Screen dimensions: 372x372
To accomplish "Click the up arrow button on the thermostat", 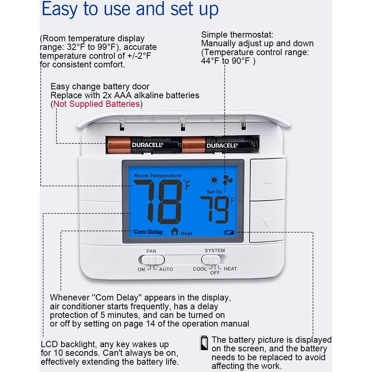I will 268,179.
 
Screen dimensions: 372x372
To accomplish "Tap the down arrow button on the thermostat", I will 268,222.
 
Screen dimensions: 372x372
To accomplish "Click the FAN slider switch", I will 151,260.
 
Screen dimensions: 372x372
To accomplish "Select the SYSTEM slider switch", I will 214,259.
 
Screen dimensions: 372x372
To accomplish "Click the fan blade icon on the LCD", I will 228,180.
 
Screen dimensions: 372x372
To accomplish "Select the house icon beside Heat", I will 175,231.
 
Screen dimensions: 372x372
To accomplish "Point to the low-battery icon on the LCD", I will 229,233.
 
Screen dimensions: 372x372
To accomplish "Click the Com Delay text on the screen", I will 148,232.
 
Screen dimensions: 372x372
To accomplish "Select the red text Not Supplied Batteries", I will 97,104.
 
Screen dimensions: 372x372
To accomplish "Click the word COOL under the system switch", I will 200,269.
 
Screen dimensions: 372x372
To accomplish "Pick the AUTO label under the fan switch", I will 166,269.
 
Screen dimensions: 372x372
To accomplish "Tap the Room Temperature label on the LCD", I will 158,176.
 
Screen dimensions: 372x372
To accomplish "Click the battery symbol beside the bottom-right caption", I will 204,343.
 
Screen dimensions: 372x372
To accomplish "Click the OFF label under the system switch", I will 215,273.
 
